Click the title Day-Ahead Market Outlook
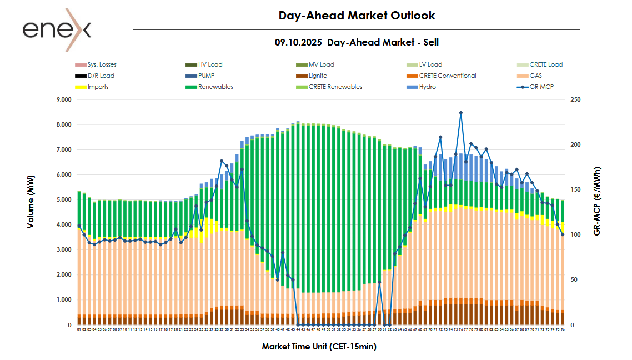coord(357,16)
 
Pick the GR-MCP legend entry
coord(543,87)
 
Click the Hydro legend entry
coord(428,87)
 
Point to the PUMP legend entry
coord(206,76)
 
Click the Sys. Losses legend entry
coord(102,64)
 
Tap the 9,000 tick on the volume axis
coord(64,100)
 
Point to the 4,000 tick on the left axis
coord(64,225)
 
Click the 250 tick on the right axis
coord(575,100)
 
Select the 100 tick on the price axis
coord(575,235)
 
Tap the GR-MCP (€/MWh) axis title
coord(597,201)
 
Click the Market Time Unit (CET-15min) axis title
coord(319,347)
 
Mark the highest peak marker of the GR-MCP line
coord(460,113)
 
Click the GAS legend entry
coord(536,76)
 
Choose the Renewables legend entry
coord(215,87)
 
